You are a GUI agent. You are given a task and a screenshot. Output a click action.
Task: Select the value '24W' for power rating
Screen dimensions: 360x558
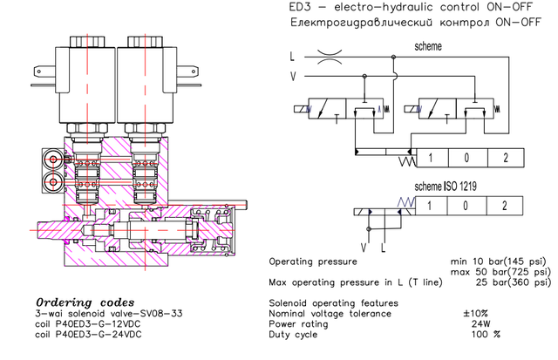(x=480, y=323)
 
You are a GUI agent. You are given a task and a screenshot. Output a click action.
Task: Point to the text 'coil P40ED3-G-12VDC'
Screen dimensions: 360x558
(x=72, y=324)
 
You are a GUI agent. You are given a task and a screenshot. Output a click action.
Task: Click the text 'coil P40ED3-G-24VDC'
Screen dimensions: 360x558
(x=72, y=335)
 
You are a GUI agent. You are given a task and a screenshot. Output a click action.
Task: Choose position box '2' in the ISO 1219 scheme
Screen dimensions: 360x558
(x=504, y=206)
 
